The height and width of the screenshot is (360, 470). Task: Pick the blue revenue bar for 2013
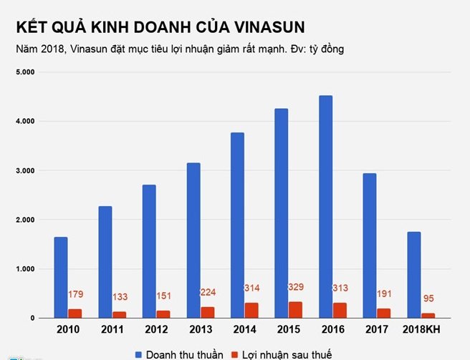pos(193,240)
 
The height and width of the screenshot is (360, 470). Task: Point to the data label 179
pos(76,294)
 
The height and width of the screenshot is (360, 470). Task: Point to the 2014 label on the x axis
pos(245,330)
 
